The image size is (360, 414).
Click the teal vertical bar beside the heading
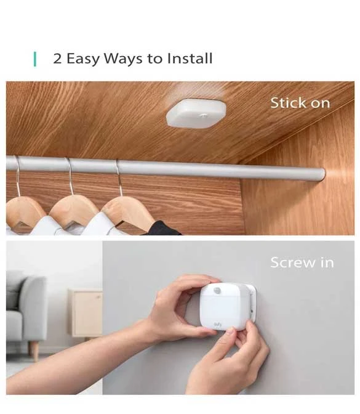[x=35, y=59]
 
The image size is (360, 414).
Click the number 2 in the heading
[x=57, y=59]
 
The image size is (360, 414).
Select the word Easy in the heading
[x=82, y=59]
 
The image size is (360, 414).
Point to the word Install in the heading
[x=190, y=59]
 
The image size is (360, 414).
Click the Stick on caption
[x=300, y=103]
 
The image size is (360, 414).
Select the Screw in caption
[x=302, y=262]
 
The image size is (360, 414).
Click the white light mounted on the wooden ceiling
[x=196, y=113]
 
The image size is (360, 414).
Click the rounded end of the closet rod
[x=321, y=174]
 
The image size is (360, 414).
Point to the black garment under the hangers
[x=163, y=229]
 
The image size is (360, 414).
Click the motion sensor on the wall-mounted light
[x=218, y=290]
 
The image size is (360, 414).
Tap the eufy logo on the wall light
[x=218, y=325]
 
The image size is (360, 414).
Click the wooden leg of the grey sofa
[x=34, y=349]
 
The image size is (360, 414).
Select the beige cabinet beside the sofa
[x=86, y=313]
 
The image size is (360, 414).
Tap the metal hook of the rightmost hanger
[x=119, y=177]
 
